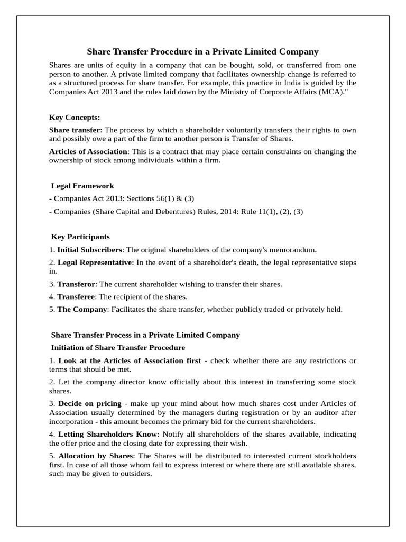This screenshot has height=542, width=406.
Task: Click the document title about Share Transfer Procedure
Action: coord(202,51)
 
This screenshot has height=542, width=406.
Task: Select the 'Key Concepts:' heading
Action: coord(75,117)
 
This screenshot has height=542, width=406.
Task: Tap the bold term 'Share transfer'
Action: coord(74,130)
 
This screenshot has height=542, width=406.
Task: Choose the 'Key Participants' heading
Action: coord(80,237)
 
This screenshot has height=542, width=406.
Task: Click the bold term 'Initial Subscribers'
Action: coord(90,249)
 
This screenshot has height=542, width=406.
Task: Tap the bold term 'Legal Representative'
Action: coord(94,263)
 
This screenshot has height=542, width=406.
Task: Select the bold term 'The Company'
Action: coord(82,309)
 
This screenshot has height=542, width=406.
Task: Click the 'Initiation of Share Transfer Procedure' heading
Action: coord(117,348)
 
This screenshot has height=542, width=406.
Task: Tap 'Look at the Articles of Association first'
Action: coord(129,360)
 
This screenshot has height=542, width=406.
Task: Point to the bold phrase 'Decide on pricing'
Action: coord(89,403)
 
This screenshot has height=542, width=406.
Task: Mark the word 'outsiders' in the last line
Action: coord(135,474)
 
